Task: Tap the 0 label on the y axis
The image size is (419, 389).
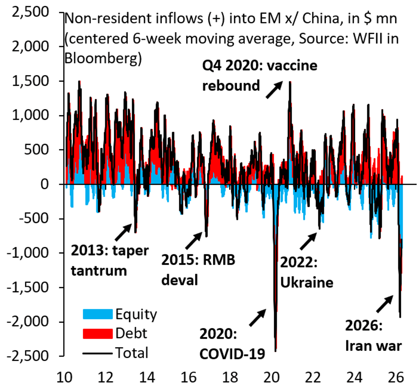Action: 45,184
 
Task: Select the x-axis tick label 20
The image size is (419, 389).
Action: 271,377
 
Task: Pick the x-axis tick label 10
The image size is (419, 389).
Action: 64,377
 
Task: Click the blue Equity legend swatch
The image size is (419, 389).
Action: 97,314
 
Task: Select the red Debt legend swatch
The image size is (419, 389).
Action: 97,333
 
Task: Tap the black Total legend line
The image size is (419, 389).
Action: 97,353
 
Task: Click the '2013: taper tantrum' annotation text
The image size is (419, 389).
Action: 110,260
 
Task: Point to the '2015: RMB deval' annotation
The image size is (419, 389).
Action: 198,270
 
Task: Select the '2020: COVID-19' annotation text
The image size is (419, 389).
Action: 232,344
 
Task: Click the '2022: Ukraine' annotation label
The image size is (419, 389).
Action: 307,272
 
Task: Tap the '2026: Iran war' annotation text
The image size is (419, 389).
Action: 373,336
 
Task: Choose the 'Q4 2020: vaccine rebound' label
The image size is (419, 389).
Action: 260,75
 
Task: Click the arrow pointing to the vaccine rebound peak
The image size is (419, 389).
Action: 274,90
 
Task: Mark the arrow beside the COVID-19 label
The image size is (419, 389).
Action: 258,318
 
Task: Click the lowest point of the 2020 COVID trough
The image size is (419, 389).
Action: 275,351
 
